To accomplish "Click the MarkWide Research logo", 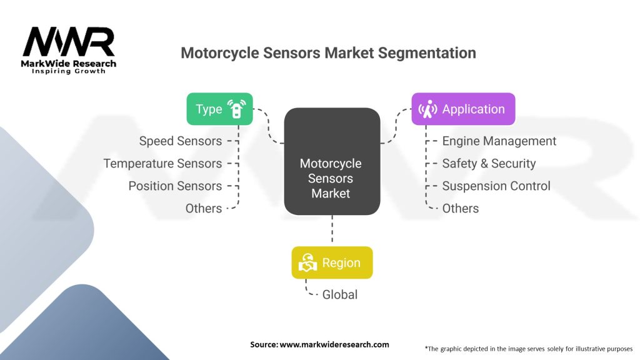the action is click(x=69, y=51).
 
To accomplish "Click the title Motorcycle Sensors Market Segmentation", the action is click(x=328, y=53).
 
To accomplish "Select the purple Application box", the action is click(x=463, y=109).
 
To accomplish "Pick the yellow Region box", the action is click(x=332, y=262).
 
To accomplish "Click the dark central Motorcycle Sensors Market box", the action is click(x=332, y=162).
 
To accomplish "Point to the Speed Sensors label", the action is click(x=181, y=141).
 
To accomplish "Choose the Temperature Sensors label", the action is click(x=162, y=164).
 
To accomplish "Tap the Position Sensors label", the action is click(x=175, y=186).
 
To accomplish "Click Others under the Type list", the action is click(x=204, y=209).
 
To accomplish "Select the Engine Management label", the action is click(x=499, y=141).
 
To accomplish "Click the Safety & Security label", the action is click(x=489, y=164).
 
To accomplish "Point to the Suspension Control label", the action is click(x=496, y=186).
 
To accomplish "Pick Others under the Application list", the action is click(x=461, y=209).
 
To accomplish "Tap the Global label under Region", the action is click(x=340, y=294).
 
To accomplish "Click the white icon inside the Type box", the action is click(x=236, y=109).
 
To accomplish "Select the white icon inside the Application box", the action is click(x=428, y=109).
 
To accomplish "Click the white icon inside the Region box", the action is click(x=307, y=263).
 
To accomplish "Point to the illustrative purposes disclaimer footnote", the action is click(x=528, y=348).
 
